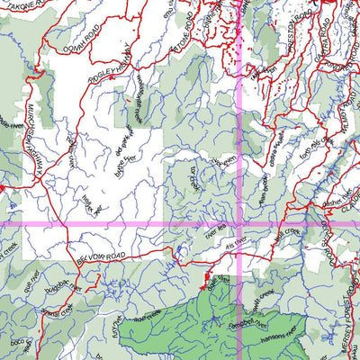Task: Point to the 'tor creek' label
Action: coord(193,179)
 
